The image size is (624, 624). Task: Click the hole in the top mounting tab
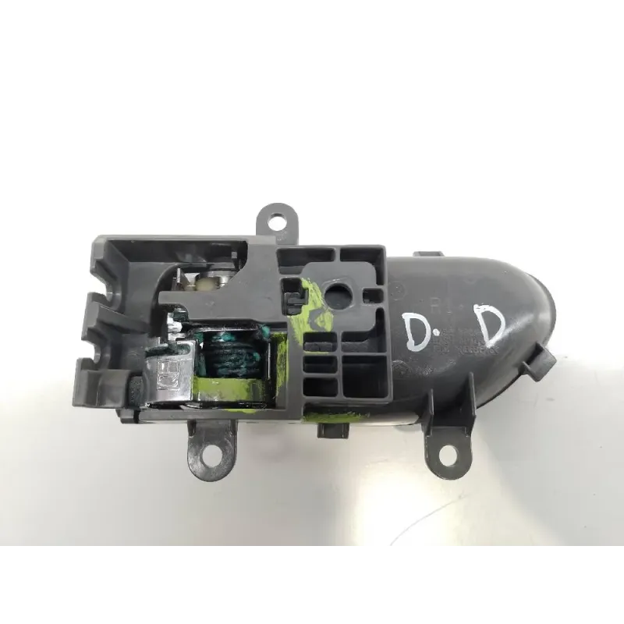[276, 220]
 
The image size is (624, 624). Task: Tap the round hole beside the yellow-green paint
[341, 294]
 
